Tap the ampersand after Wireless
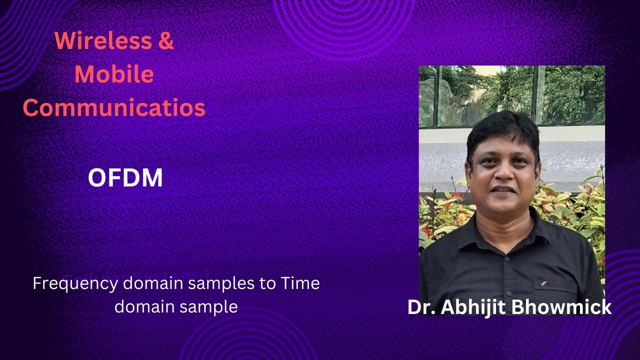pos(166,40)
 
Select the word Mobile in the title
pos(114,74)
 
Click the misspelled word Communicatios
pos(114,108)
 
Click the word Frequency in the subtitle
pos(75,283)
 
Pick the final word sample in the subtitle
pos(210,306)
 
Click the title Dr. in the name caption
pos(421,307)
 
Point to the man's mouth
pos(503,190)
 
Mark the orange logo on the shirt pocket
pos(543,283)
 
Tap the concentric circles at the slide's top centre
pos(344,20)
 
